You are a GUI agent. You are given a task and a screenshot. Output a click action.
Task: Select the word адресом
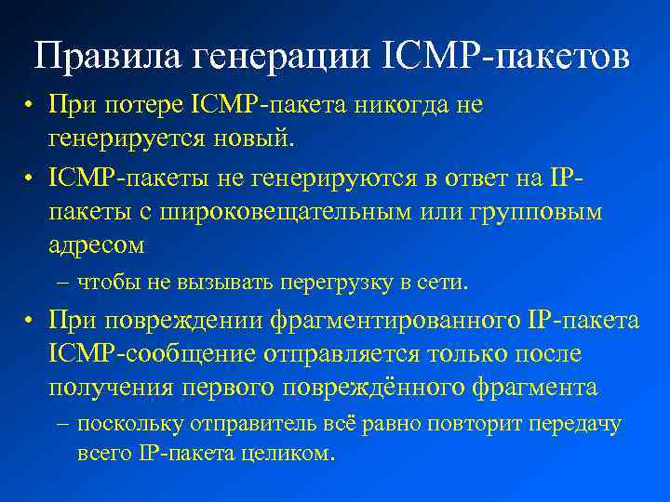97,246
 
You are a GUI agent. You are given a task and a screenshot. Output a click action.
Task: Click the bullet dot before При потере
31,105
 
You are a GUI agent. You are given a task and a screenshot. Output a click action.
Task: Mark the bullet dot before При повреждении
31,321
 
